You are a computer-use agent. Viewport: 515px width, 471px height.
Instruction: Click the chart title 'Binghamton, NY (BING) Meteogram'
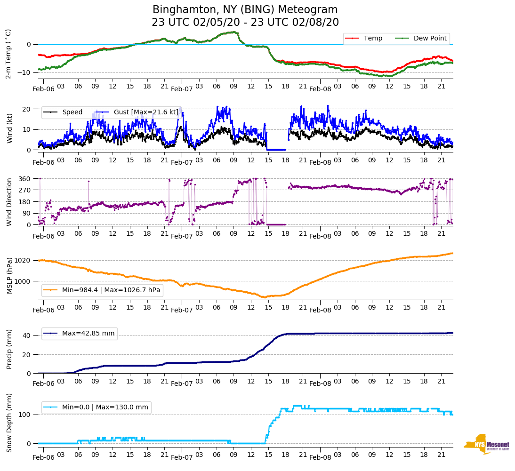(x=245, y=9)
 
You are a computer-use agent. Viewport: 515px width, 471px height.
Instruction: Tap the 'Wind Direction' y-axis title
(x=9, y=201)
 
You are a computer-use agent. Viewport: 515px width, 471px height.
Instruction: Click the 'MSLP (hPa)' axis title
(x=9, y=276)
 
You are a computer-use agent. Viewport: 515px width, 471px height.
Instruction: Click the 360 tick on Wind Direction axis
(x=25, y=179)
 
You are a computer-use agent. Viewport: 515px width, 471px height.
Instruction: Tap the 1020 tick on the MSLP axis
(x=23, y=260)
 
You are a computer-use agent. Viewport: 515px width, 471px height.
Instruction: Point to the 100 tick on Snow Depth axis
(x=25, y=415)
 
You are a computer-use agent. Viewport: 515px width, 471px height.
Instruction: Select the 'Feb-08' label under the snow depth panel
(x=320, y=457)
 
